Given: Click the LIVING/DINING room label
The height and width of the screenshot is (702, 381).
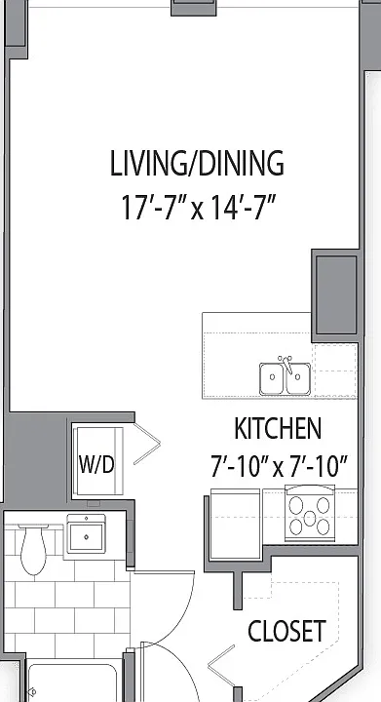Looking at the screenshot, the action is click(x=197, y=164).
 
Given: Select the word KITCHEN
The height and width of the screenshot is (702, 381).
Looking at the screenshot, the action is click(x=278, y=428).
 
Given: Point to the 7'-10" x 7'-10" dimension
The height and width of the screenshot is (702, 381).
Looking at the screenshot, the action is click(x=279, y=466).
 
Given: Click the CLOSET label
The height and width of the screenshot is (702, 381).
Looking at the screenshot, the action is click(x=286, y=631).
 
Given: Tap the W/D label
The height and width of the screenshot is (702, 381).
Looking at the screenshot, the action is click(x=96, y=464).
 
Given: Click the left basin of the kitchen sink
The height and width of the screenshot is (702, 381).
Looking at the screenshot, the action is click(x=272, y=378).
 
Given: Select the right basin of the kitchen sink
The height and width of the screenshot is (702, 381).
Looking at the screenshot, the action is click(x=298, y=378).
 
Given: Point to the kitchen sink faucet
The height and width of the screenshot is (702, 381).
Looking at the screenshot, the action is click(x=286, y=364).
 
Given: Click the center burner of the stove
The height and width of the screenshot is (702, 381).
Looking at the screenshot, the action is click(x=310, y=519).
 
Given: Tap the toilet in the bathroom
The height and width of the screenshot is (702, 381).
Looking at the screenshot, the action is click(x=33, y=549).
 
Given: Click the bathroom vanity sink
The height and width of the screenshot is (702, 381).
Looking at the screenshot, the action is click(x=86, y=536).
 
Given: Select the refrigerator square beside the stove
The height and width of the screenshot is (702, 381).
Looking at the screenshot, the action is click(x=235, y=525).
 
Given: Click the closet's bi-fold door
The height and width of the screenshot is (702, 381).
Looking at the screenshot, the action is click(x=222, y=666).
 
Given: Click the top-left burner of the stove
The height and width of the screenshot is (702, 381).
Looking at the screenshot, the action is click(x=295, y=505).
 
